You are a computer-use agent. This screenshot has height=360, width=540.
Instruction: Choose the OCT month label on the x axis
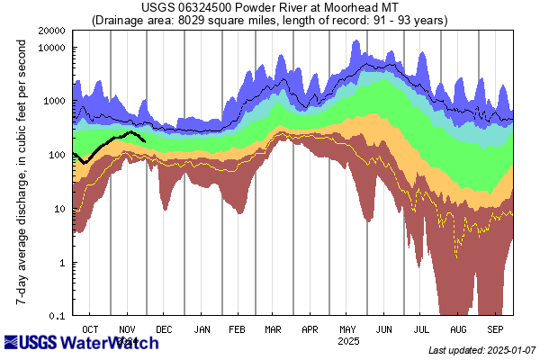coord(90,330)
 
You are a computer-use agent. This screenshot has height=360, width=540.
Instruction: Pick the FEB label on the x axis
coord(238,330)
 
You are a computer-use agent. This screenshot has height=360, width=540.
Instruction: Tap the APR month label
coord(310,330)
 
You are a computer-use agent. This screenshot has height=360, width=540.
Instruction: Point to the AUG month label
coord(459,330)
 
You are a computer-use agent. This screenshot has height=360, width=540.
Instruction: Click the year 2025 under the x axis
coord(348,342)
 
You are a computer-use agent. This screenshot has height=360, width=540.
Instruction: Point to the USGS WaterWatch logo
coord(69,343)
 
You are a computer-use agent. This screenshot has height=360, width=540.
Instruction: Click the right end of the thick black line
coord(145,139)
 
